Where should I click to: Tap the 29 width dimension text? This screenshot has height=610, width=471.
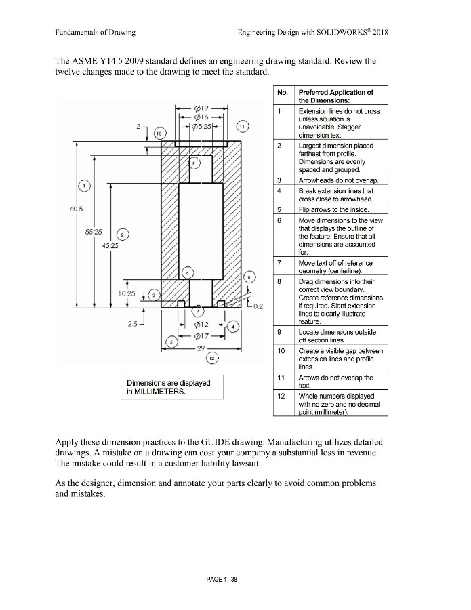[x=201, y=348]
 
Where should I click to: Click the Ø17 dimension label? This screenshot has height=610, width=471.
[x=201, y=335]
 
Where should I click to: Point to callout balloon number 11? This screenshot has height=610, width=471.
[x=243, y=127]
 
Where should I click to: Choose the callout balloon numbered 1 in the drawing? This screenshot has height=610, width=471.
[x=83, y=185]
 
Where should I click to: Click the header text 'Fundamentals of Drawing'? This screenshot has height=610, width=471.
[x=95, y=32]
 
